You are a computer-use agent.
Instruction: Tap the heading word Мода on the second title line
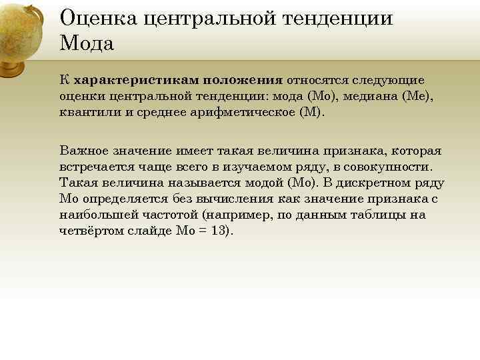coord(87,43)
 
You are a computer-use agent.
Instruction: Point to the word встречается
coord(99,167)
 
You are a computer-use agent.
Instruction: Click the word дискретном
coord(377,183)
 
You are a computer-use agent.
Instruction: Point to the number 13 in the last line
coord(218,231)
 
